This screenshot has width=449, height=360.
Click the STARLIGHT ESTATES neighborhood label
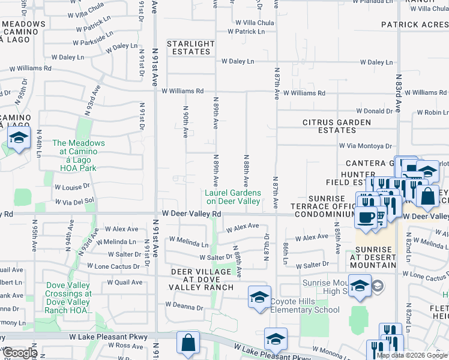coord(190,47)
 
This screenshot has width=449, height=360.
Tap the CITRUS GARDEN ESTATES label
coord(337,126)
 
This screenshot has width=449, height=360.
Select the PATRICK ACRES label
coord(414,25)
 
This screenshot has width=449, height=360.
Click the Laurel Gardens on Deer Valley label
coord(233,197)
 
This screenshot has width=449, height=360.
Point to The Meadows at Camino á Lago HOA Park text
coord(79,155)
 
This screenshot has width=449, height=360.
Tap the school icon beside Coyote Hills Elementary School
coord(259,297)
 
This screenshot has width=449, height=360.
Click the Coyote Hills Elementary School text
coord(306,305)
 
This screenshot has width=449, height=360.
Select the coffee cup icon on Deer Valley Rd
coord(366,217)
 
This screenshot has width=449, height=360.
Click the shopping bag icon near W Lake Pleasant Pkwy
coord(188,344)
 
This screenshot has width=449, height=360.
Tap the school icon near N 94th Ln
coord(19,139)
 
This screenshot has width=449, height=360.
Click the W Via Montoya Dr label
coord(365,146)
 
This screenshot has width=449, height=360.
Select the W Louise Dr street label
coord(71,187)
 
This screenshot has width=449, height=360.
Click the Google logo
coord(20,353)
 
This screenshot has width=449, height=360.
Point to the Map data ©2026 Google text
coord(412,355)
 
